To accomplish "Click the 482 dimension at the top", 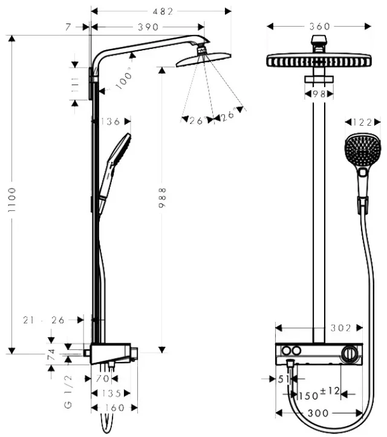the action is coord(163,11).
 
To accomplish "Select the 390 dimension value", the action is coord(148,27).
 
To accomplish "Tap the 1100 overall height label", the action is coord(11,199).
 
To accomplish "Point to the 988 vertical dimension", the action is coord(162,198).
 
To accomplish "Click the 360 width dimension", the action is coord(319,27).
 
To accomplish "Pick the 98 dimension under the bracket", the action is coord(319,94).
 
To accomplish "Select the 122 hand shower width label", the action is coord(362,122).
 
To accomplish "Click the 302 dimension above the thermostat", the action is coord(340,328).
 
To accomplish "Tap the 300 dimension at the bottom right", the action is coord(318,413).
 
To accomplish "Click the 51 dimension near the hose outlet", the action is coord(283,379).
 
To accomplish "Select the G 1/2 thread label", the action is coord(68,391).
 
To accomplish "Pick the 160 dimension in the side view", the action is coord(114,408).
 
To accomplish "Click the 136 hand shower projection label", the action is coord(110,121).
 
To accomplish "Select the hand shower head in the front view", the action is coord(362,151).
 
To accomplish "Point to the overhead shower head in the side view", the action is coord(204,59).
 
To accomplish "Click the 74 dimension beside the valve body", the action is coord(52,355).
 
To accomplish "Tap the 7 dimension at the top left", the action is coord(68,27).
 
